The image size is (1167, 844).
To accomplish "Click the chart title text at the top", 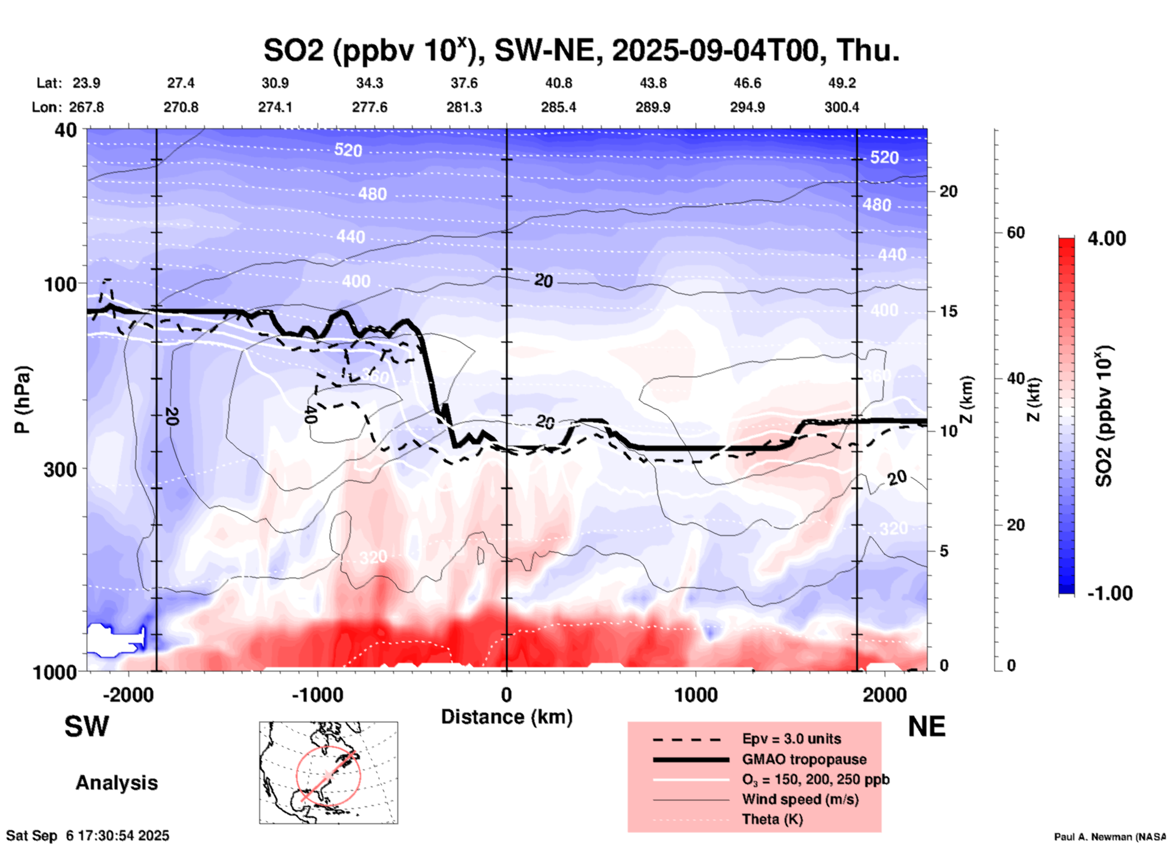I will [582, 51].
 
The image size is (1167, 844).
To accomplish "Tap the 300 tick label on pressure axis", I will [61, 469].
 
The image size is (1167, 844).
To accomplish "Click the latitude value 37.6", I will [464, 83].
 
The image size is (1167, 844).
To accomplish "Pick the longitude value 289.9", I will [653, 107].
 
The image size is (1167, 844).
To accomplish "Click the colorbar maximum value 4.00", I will [1106, 239].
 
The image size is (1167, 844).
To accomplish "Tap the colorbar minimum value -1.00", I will [1109, 593].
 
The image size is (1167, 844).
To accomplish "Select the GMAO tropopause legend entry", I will [804, 759].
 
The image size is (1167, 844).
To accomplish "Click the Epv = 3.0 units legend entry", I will [791, 739].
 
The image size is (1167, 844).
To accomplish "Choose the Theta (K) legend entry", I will [772, 819].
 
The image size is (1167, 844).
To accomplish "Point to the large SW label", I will [87, 727].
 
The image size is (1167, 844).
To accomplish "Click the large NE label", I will [926, 727].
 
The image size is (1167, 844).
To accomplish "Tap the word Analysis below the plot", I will [116, 783].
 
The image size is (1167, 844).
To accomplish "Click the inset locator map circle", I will [328, 776].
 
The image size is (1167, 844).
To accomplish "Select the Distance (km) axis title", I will [507, 717].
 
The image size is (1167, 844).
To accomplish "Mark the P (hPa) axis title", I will [22, 400].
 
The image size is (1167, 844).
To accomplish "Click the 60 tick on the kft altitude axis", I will [1016, 232].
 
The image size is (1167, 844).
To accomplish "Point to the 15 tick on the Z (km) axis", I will [948, 311].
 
